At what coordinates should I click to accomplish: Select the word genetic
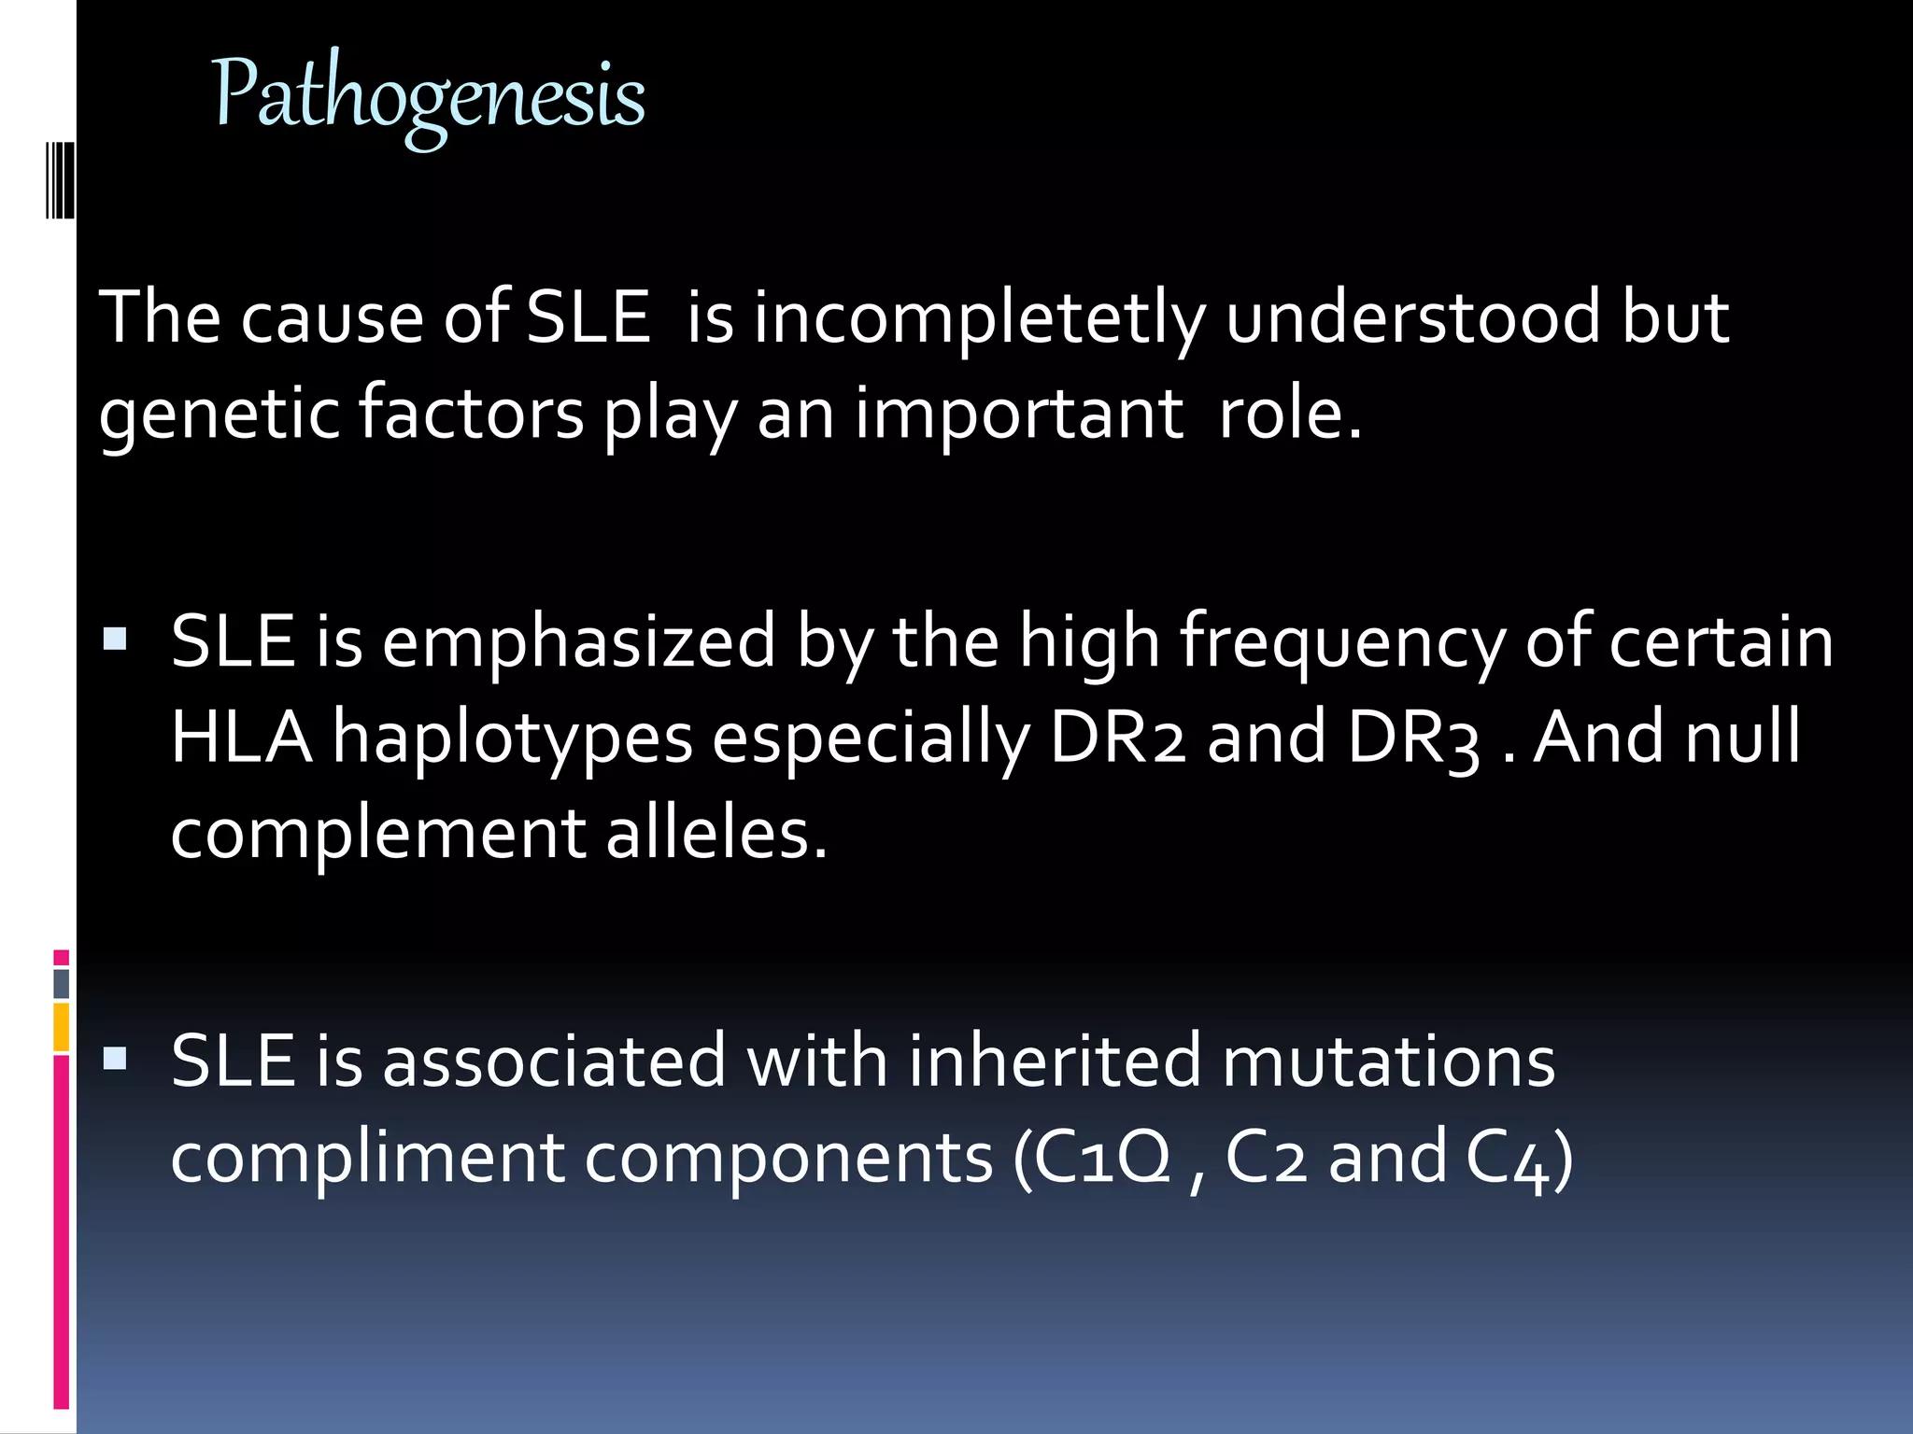[x=219, y=414]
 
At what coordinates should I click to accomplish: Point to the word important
[x=1019, y=414]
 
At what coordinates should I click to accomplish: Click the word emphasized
[x=579, y=641]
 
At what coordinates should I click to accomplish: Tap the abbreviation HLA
[x=242, y=737]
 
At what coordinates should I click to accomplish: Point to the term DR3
[x=1413, y=737]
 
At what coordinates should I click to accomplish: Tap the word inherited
[x=1055, y=1061]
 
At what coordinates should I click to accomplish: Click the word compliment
[x=368, y=1159]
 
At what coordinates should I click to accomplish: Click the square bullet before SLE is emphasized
[x=116, y=640]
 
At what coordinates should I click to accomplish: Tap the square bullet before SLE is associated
[x=116, y=1058]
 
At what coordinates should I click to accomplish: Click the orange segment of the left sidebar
[x=62, y=1027]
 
